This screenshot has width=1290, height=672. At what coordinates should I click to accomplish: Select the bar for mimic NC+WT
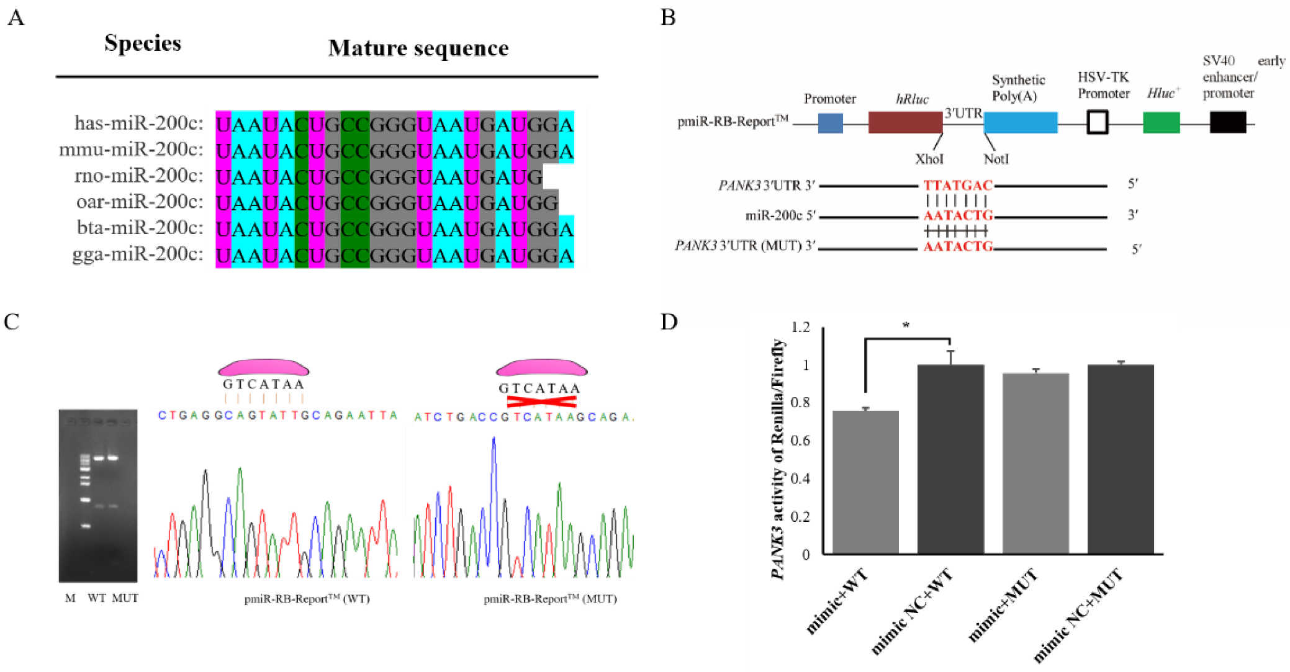pyautogui.click(x=950, y=459)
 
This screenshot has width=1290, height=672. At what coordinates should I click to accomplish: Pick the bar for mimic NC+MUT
pyautogui.click(x=1121, y=459)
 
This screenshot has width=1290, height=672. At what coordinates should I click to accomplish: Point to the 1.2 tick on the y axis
pyautogui.click(x=801, y=327)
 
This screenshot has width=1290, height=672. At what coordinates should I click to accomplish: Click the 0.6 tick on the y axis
pyautogui.click(x=801, y=441)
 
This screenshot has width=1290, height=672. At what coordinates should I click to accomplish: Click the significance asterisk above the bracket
pyautogui.click(x=906, y=325)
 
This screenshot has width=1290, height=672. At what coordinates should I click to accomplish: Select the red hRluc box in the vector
pyautogui.click(x=905, y=122)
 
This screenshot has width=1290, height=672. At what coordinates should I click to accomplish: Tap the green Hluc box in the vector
pyautogui.click(x=1161, y=122)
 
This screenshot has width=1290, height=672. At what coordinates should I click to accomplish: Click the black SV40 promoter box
pyautogui.click(x=1227, y=122)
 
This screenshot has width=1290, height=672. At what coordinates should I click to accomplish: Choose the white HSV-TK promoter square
pyautogui.click(x=1097, y=122)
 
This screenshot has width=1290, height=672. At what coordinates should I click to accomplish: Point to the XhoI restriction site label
pyautogui.click(x=929, y=159)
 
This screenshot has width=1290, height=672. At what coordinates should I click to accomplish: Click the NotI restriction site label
pyautogui.click(x=996, y=159)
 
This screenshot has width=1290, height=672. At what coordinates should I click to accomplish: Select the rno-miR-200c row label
pyautogui.click(x=138, y=176)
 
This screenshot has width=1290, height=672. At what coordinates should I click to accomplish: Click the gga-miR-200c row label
pyautogui.click(x=137, y=254)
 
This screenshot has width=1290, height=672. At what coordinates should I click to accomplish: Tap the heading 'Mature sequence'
pyautogui.click(x=418, y=48)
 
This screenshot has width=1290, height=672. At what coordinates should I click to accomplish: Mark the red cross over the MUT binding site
pyautogui.click(x=541, y=401)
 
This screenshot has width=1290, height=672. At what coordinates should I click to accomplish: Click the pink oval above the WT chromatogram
pyautogui.click(x=263, y=367)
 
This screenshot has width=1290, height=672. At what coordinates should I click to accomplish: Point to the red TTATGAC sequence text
pyautogui.click(x=957, y=186)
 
